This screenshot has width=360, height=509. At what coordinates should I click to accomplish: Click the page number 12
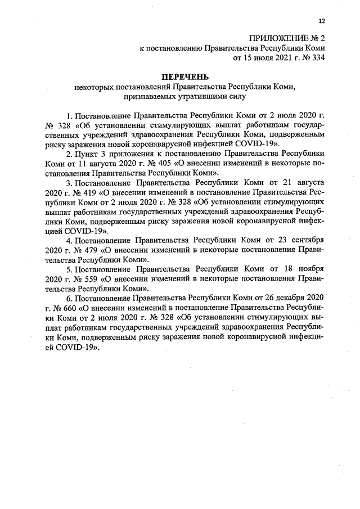[322, 21]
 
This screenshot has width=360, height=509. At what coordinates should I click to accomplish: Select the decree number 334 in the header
[318, 57]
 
